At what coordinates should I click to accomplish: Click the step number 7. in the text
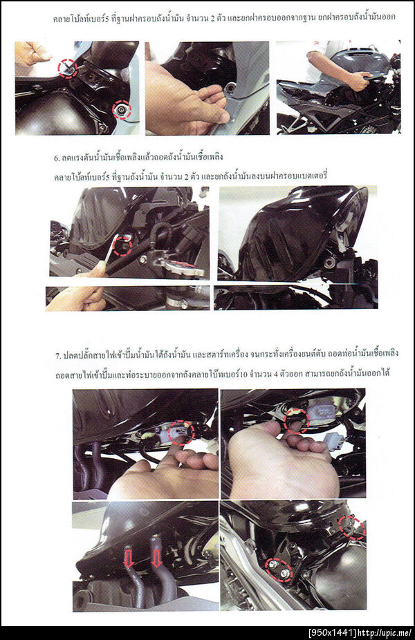pos(58,355)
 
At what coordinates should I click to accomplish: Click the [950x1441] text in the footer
pos(332,633)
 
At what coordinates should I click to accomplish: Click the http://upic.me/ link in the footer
pos(385,633)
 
